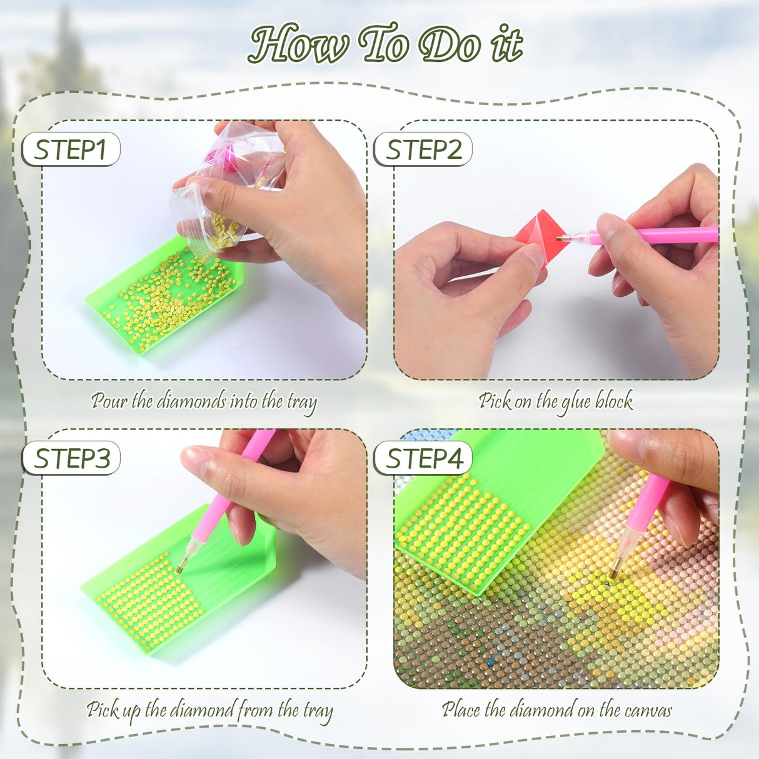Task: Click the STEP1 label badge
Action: pos(70,149)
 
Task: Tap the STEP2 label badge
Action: pos(423,149)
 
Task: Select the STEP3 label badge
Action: pos(71,458)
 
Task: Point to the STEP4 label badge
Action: pos(423,458)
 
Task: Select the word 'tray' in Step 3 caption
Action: pos(318,711)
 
